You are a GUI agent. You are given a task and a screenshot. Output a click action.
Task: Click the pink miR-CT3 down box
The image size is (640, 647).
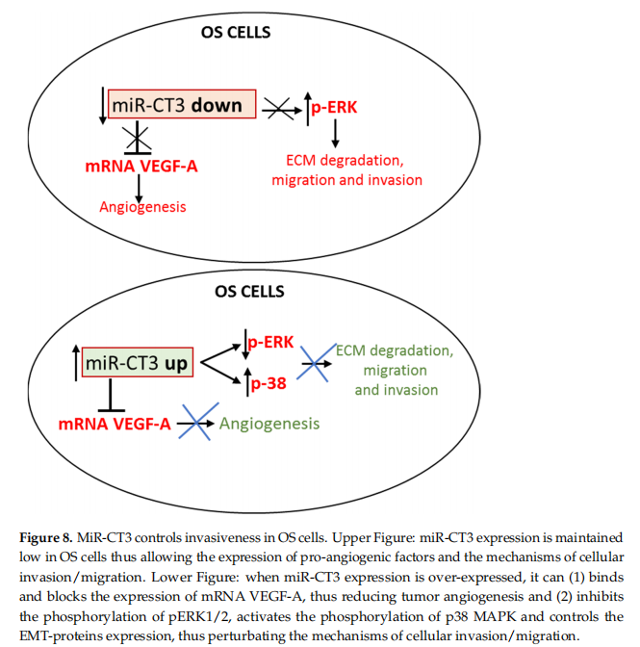coord(182,105)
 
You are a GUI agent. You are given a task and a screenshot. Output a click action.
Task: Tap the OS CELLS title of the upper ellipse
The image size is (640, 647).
coord(236,32)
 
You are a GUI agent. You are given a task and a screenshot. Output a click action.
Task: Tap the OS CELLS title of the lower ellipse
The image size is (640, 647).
coord(236,291)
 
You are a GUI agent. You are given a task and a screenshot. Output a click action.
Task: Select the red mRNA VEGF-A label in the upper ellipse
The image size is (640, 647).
coord(141,167)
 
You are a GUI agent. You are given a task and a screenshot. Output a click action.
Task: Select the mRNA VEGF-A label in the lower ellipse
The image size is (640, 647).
coord(115,423)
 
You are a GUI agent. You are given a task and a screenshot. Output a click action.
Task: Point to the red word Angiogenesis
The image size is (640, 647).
coord(142,207)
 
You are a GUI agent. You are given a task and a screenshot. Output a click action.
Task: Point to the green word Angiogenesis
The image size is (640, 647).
coord(269,423)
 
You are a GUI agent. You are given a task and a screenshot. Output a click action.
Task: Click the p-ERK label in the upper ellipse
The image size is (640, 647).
coord(333,108)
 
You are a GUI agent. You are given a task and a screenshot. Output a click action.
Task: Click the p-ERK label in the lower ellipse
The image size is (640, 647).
coord(270,342)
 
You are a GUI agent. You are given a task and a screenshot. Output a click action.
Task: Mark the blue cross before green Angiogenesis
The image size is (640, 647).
coord(198,422)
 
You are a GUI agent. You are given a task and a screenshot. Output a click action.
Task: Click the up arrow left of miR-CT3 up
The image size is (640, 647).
coord(74,364)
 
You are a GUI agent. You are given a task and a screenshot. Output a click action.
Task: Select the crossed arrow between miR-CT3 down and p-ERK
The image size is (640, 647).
coord(280,109)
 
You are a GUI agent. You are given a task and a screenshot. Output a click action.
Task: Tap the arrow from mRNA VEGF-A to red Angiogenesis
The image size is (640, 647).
coord(141,187)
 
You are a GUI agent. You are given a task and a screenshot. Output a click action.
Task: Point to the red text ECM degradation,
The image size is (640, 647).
coord(346,160)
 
